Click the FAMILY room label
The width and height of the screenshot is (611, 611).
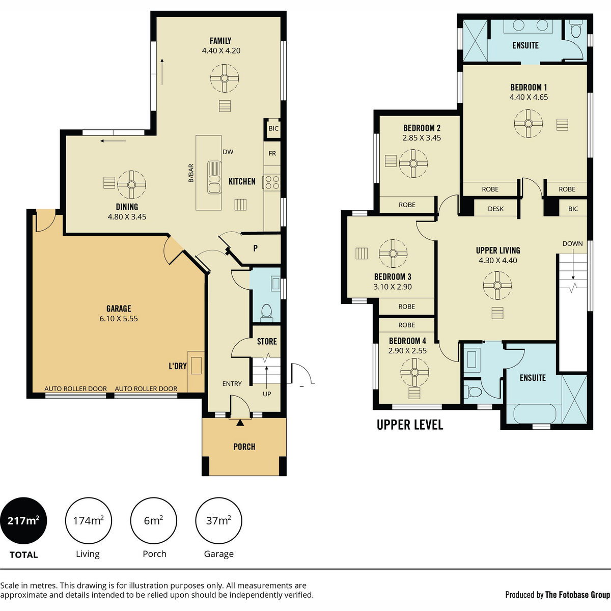pos(220,41)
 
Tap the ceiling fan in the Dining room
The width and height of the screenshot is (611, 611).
pos(131,184)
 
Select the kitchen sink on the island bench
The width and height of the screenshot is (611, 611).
pos(214,178)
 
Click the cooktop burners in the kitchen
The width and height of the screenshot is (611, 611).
pos(272,183)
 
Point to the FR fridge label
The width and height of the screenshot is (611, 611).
pos(272,153)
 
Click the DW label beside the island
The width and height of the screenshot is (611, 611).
pos(228,152)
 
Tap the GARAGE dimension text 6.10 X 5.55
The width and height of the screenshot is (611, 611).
pos(119,319)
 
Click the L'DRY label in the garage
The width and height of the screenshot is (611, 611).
pos(178,366)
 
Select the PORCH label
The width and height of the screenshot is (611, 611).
pos(244,447)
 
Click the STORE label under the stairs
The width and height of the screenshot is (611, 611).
pos(267,342)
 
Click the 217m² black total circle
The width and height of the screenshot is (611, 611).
pos(23,521)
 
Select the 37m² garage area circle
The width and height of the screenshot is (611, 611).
pos(218,521)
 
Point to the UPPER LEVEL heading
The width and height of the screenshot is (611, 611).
pos(410,425)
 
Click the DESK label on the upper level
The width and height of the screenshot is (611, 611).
pos(495,209)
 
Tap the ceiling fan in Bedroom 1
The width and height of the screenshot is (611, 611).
pos(528,124)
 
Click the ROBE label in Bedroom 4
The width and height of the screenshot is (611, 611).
pos(406,325)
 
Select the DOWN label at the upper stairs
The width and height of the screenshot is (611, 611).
pos(573,243)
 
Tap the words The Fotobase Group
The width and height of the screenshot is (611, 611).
pos(578,595)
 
